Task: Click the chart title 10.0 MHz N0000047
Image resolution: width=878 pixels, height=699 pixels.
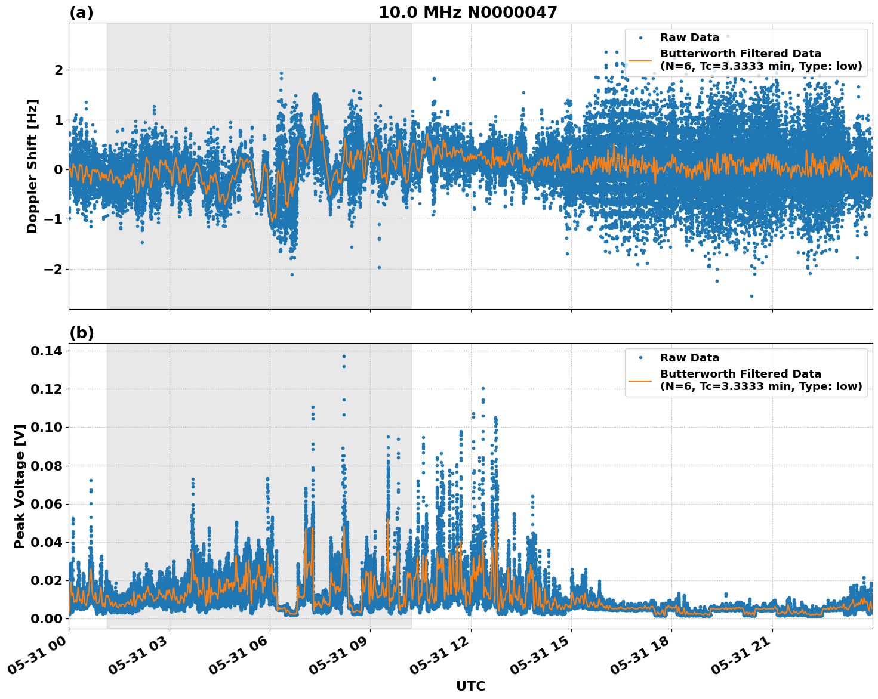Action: [x=467, y=13]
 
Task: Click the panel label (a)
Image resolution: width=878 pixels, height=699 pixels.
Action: [x=81, y=13]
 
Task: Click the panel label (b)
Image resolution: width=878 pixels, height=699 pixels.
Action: [x=81, y=333]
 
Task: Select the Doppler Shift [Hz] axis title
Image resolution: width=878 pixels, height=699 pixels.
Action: [x=32, y=166]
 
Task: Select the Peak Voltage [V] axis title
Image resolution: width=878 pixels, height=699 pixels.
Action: [x=20, y=486]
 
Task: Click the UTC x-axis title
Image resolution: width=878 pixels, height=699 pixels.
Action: [x=470, y=686]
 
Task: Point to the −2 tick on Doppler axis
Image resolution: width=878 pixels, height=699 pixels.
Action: [x=53, y=269]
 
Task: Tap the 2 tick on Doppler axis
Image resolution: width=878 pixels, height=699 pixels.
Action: [x=58, y=70]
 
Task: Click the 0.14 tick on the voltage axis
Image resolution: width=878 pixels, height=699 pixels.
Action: [x=46, y=351]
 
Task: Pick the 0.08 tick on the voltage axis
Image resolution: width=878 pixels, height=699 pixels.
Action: [x=46, y=466]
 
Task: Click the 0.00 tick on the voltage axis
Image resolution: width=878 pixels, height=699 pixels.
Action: [x=46, y=618]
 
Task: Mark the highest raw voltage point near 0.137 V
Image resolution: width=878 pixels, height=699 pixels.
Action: [x=344, y=356]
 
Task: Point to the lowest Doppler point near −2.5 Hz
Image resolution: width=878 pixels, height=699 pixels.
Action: [x=751, y=296]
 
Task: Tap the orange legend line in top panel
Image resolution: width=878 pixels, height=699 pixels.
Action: [x=640, y=60]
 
